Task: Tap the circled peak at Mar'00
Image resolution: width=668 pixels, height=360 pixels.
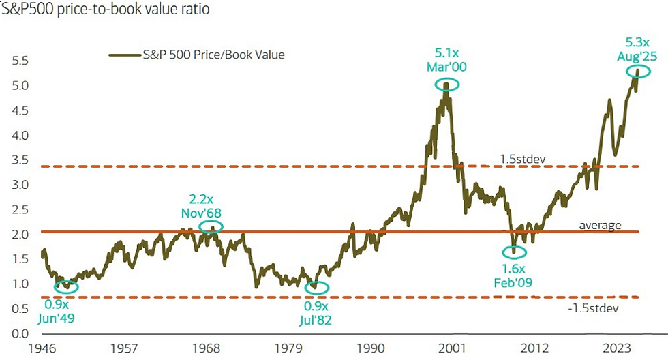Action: coord(447,85)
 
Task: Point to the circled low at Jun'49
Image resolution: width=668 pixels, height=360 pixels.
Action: coord(66,286)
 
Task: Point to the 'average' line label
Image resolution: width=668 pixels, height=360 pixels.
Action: coord(601,225)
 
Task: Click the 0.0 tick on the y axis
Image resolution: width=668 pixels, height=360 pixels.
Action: coord(21,333)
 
